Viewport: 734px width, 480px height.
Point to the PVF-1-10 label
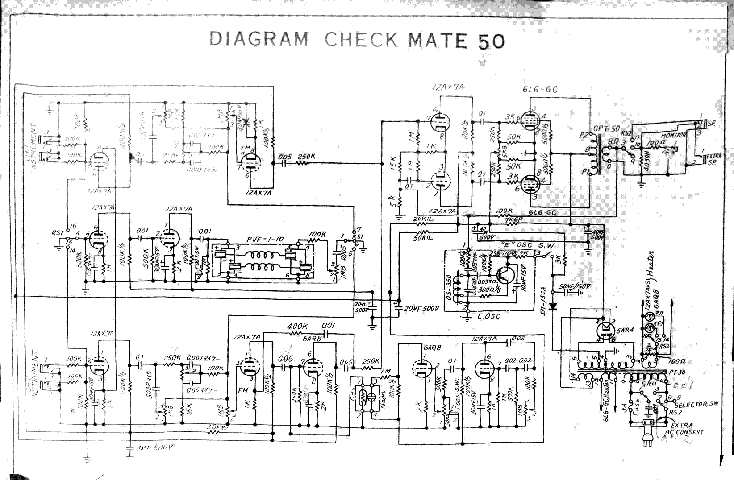265,240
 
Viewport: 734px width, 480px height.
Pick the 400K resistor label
298,326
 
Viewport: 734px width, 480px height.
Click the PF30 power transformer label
677,372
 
